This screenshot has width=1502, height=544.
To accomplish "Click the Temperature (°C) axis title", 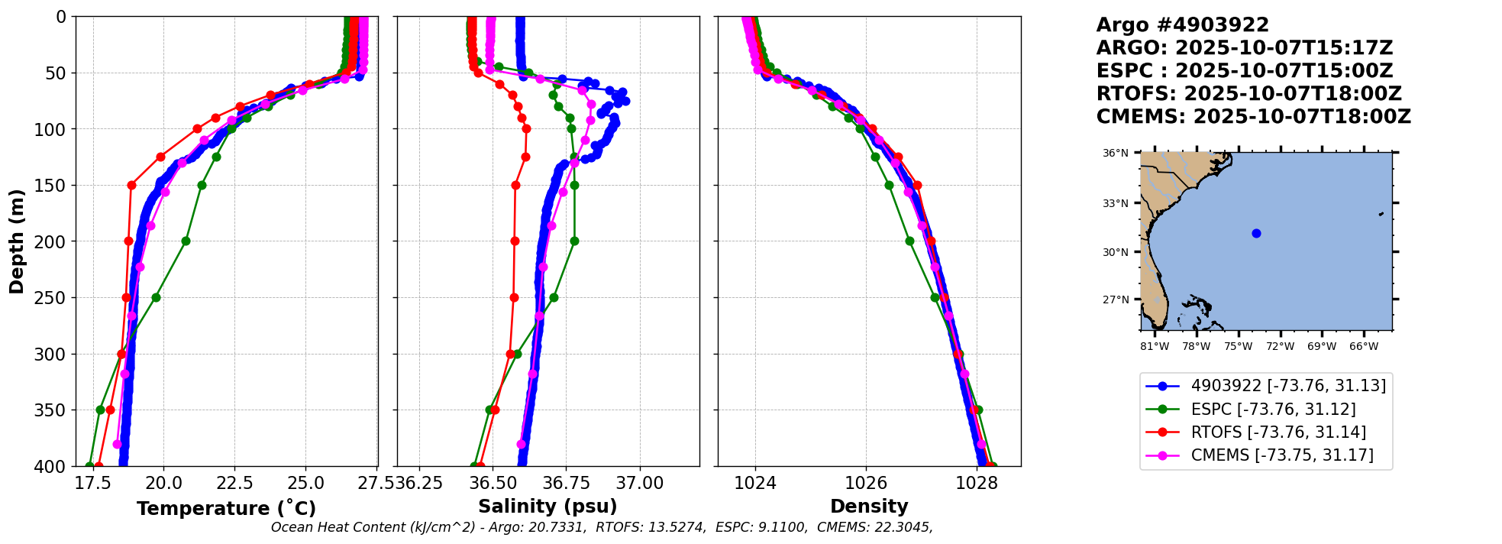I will click(x=226, y=509).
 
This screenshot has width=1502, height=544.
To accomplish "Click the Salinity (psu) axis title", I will click(x=548, y=507).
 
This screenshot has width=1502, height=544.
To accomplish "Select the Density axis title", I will click(x=869, y=507).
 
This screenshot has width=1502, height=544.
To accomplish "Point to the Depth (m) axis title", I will click(x=17, y=241).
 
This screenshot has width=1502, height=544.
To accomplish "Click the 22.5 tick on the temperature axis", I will click(x=234, y=483).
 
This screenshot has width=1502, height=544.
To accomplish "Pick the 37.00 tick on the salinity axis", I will click(x=639, y=483).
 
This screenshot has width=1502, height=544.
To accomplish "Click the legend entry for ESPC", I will click(x=1273, y=410).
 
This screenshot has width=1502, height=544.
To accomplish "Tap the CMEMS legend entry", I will click(x=1282, y=455).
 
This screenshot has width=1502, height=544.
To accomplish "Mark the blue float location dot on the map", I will click(x=1256, y=233).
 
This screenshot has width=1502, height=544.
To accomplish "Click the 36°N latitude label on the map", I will click(x=1115, y=154).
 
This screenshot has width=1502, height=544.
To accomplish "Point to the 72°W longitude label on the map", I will click(x=1280, y=346).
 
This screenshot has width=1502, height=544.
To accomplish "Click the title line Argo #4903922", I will click(x=1182, y=25).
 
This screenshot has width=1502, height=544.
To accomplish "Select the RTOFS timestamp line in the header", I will click(x=1248, y=94).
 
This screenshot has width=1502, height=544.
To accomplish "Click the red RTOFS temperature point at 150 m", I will click(x=131, y=185).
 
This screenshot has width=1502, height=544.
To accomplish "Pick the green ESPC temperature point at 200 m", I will click(x=186, y=241).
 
